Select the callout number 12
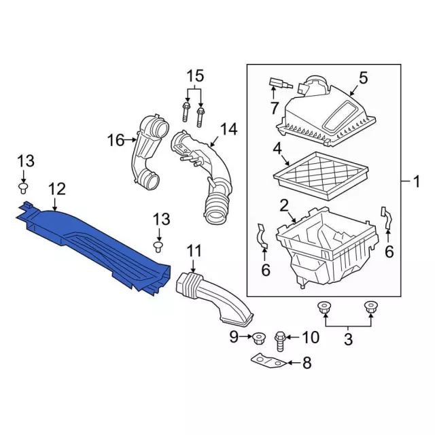point(57,189)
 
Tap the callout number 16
point(116,140)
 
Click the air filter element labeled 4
point(321,175)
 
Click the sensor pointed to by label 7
point(279,83)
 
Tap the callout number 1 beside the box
point(417,182)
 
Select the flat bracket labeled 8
point(268,361)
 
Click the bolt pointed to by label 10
point(279,341)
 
